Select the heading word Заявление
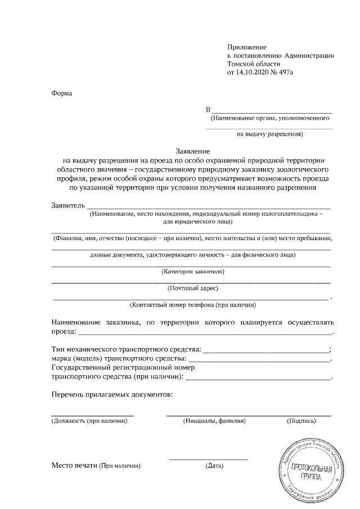click(x=193, y=151)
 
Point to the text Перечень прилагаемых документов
click(x=112, y=394)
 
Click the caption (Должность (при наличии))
click(x=85, y=421)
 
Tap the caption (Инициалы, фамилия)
click(x=215, y=421)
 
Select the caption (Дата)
click(x=215, y=466)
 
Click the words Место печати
click(x=74, y=466)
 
